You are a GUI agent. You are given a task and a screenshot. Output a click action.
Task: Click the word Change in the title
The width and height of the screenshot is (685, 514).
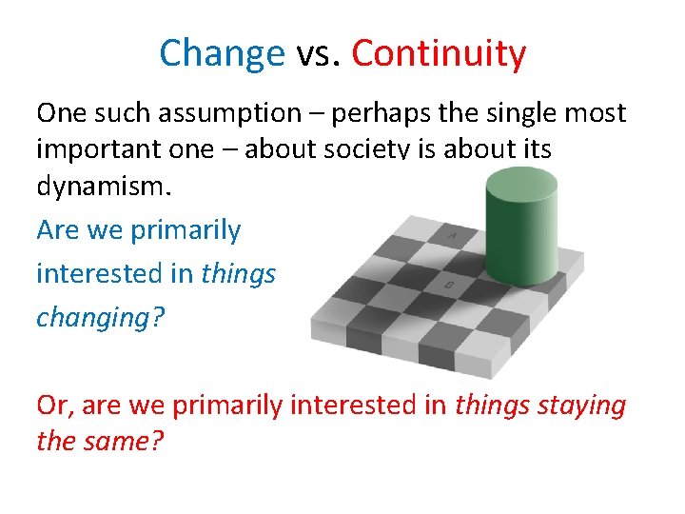click(222, 54)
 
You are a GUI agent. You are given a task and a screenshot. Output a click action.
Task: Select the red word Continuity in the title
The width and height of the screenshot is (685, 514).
click(439, 54)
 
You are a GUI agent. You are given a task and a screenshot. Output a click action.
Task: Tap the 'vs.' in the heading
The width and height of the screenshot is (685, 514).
click(318, 54)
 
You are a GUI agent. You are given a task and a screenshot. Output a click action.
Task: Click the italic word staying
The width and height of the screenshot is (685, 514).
click(580, 405)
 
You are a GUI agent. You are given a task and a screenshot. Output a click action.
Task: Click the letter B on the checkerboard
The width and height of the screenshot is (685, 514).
click(448, 284)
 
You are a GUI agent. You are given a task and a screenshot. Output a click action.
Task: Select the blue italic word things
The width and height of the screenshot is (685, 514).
click(238, 273)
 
